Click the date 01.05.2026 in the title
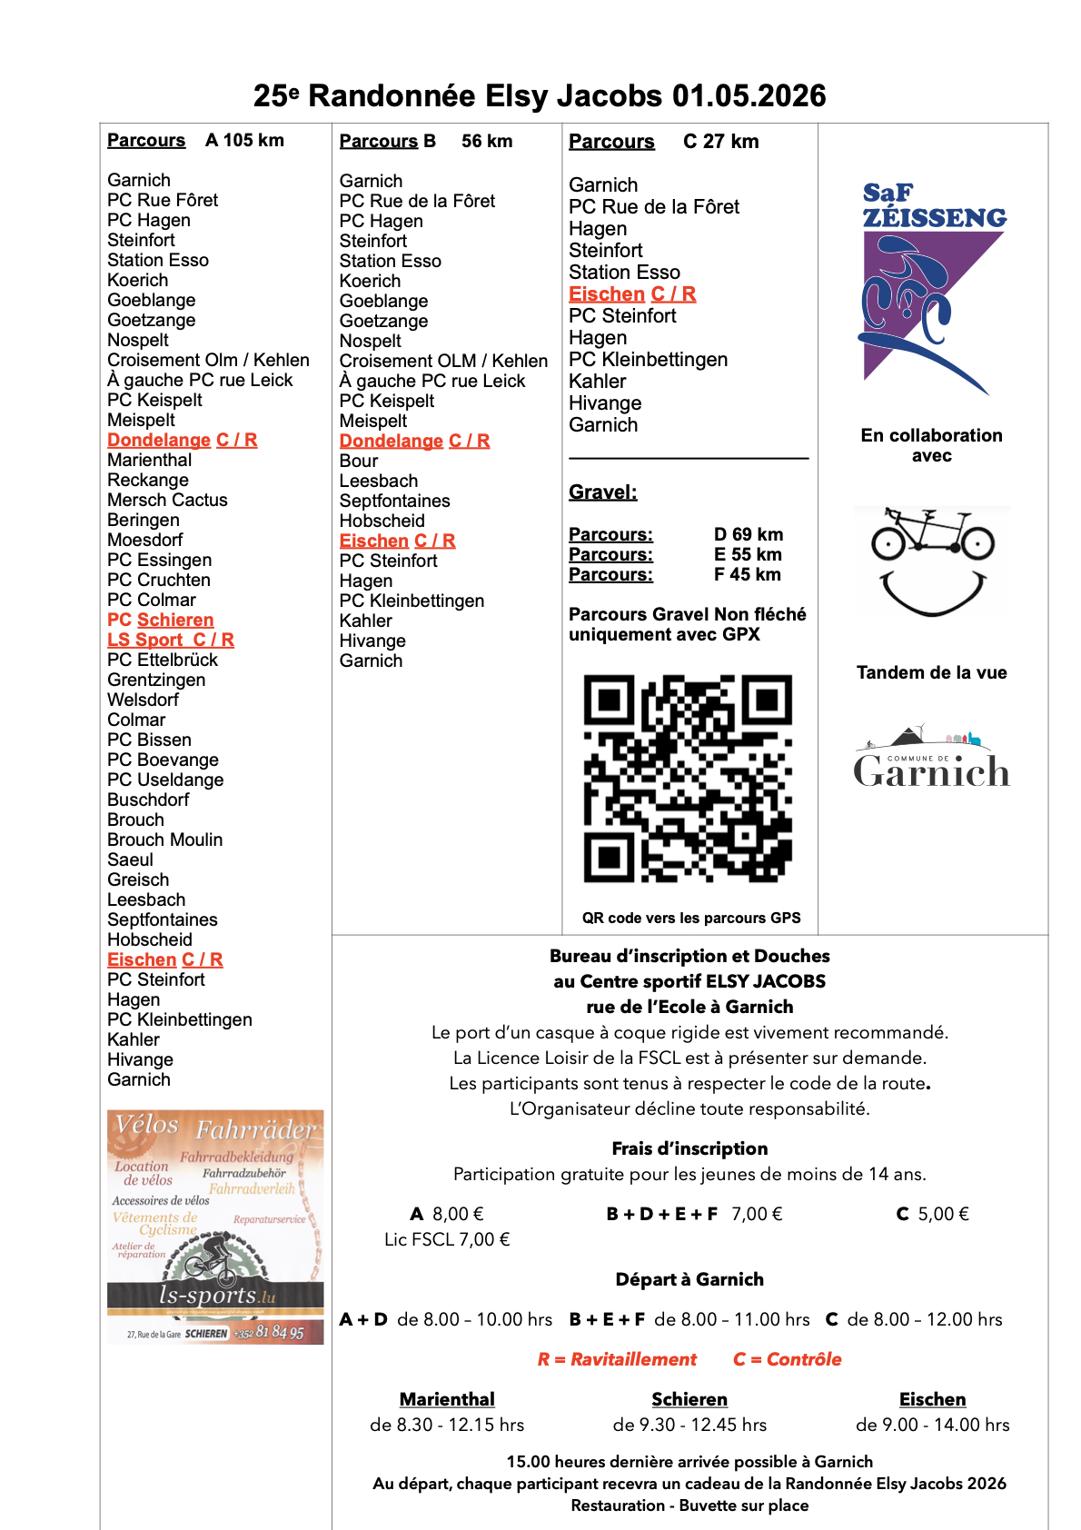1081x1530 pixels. point(749,95)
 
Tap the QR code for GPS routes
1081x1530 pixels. point(688,778)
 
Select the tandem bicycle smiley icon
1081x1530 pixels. point(932,560)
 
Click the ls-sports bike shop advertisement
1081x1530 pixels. point(215,1227)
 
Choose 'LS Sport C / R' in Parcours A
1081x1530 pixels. point(171,640)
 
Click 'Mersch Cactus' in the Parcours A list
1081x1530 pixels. point(167,500)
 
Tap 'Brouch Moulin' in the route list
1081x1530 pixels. point(164,840)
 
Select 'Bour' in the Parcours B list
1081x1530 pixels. point(359,461)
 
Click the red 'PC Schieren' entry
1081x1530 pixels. point(161,620)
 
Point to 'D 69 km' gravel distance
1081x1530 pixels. point(748,534)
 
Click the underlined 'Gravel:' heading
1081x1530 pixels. point(602,492)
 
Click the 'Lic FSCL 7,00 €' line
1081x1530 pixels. point(447,1239)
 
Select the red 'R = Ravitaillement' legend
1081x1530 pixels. point(617,1359)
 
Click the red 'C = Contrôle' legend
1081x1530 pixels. point(787,1359)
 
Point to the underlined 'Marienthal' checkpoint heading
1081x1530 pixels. point(447,1399)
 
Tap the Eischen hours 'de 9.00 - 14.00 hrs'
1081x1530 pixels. point(932,1425)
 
